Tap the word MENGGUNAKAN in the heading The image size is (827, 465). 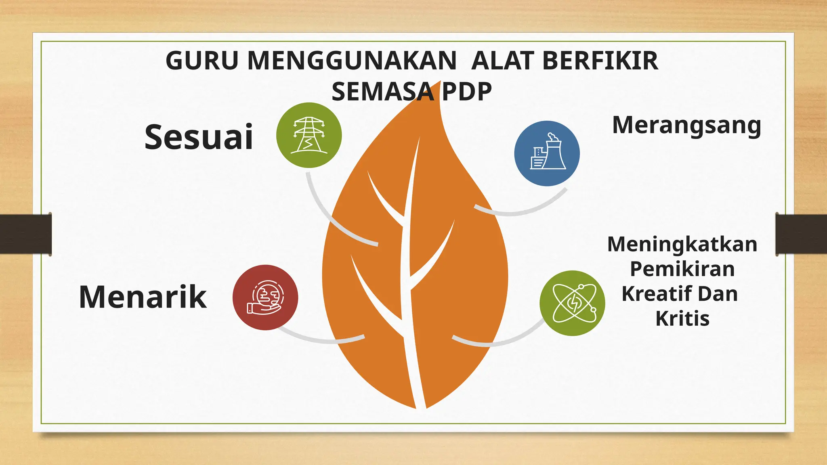[x=351, y=61]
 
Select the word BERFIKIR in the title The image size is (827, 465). [x=600, y=61]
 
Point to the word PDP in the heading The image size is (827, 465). [x=466, y=92]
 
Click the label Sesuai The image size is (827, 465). [x=199, y=137]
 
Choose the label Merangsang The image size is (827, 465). [x=686, y=126]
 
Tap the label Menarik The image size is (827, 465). [x=143, y=297]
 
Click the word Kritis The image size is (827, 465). [x=682, y=318]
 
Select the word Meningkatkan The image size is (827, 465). [x=682, y=244]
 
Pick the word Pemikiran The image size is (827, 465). [x=682, y=269]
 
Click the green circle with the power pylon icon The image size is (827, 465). [x=309, y=135]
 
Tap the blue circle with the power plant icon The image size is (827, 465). [x=547, y=153]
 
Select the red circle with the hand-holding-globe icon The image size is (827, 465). [x=265, y=297]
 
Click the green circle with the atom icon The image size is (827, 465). [x=572, y=303]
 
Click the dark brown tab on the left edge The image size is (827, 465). [x=25, y=234]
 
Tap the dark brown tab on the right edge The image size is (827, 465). [x=801, y=234]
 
